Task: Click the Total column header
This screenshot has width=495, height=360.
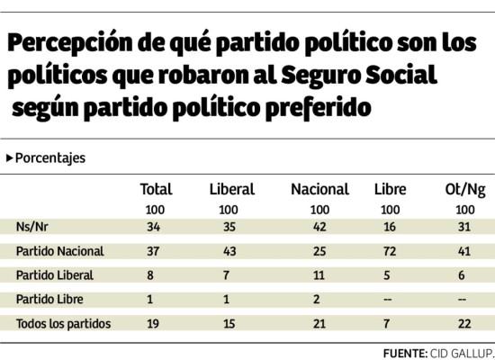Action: (x=156, y=189)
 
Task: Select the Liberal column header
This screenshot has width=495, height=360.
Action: (x=231, y=189)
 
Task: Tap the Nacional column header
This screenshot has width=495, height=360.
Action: (x=319, y=189)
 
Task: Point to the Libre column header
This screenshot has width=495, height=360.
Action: (x=390, y=189)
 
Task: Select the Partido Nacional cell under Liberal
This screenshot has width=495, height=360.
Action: (x=229, y=250)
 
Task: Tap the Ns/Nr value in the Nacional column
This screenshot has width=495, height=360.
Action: (x=319, y=226)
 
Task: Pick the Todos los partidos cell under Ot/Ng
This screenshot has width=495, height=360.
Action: (x=464, y=323)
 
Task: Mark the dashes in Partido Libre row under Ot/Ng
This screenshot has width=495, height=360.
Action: (x=464, y=299)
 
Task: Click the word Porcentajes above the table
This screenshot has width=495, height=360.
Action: (x=50, y=157)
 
